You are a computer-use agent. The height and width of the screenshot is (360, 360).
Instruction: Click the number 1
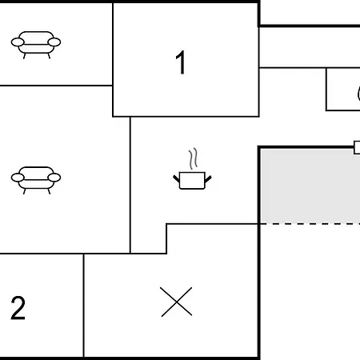pos(181,62)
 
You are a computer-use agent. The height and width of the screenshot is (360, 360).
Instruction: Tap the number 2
pos(18,308)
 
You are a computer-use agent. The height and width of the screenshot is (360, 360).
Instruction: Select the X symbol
pos(176,302)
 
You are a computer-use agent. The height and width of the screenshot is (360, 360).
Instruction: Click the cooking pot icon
pos(192,180)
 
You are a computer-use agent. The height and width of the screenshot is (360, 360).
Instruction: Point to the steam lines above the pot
pos(194,158)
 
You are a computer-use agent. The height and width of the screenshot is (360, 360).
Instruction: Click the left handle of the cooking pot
pos(176,178)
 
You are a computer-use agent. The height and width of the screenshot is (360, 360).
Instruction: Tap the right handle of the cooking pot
pos(208,178)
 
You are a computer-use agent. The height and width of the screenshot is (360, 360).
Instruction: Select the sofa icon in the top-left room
pos(36,45)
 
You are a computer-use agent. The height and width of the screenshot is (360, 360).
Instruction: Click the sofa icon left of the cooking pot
pos(36,180)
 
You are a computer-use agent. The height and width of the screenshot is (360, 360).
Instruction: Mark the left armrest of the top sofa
pos(18,42)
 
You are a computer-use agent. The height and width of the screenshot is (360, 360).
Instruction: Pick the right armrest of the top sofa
pos(54,42)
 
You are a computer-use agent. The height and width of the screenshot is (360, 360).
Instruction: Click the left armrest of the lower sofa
pos(18,178)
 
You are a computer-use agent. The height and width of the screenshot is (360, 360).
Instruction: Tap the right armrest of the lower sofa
pos(54,178)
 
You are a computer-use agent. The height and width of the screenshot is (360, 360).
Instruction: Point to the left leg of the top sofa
pos(25,56)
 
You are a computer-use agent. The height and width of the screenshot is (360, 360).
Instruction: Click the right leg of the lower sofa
pos(49,191)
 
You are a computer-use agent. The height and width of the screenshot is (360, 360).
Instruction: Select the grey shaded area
pos(310,186)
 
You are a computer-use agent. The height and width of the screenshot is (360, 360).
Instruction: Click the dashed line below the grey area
pos(310,224)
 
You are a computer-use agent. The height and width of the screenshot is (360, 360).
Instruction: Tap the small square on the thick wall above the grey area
pos(357,147)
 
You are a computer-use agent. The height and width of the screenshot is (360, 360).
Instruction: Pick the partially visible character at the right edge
pos(358,94)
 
